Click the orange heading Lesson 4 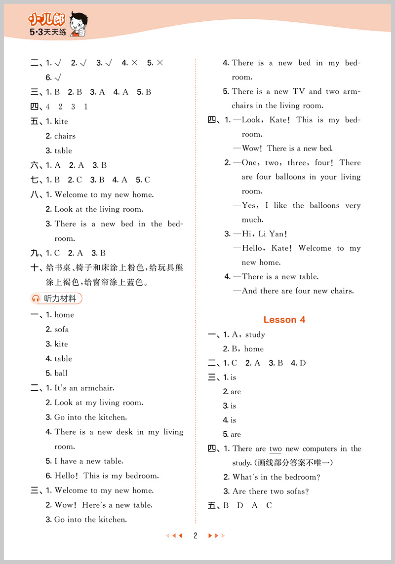point(284,320)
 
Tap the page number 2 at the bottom point(196,535)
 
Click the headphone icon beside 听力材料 point(36,299)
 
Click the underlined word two point(276,449)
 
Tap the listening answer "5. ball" point(57,374)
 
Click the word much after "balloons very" point(252,220)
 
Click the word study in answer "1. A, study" point(255,335)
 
